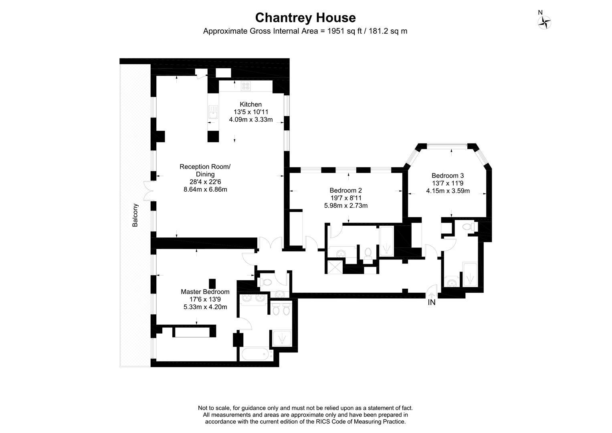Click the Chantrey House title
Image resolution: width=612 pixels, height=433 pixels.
(x=305, y=18)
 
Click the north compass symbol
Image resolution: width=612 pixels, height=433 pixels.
(x=544, y=22)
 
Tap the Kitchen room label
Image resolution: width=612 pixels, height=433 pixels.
(x=250, y=104)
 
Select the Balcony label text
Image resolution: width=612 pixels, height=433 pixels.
(x=135, y=215)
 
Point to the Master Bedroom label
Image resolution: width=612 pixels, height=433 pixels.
(x=205, y=292)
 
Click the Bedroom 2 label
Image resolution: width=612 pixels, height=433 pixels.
(x=345, y=190)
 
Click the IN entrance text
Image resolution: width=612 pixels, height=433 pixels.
(x=432, y=303)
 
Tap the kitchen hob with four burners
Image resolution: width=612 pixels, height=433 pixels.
(x=245, y=86)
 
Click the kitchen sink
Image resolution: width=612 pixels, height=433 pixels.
(x=213, y=113)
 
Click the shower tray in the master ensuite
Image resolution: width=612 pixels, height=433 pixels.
(x=283, y=338)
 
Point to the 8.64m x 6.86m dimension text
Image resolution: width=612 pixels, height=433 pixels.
(x=205, y=189)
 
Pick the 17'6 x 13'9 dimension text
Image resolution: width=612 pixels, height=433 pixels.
(x=205, y=299)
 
